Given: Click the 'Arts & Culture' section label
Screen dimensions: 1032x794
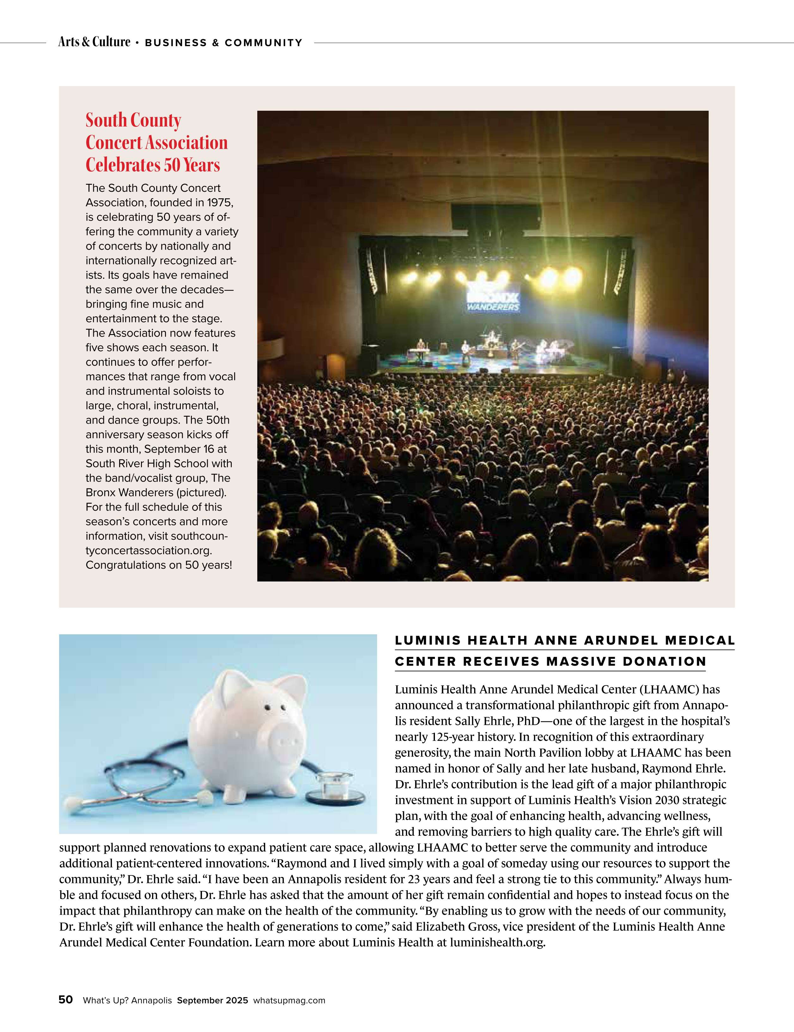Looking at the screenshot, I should point(94,42).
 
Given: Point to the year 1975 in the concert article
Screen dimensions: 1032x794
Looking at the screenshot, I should point(220,203).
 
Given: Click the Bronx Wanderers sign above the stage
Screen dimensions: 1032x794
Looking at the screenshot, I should point(493,301).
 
